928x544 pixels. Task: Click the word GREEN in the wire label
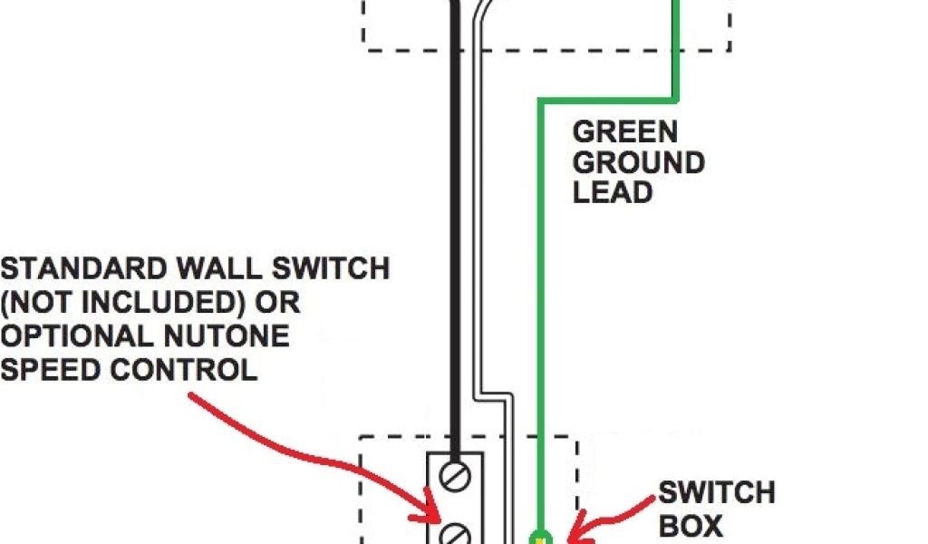click(624, 132)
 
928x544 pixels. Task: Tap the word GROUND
click(638, 163)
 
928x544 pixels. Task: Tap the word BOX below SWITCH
click(690, 525)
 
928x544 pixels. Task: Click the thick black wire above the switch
click(461, 272)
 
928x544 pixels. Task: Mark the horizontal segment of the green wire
click(607, 97)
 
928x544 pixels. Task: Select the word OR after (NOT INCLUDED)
click(280, 303)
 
